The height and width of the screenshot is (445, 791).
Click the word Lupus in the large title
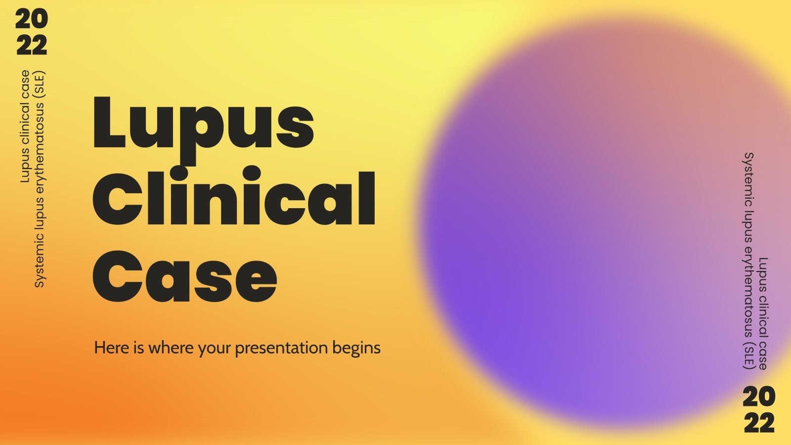[x=203, y=124]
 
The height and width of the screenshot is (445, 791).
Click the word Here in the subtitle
[x=112, y=348]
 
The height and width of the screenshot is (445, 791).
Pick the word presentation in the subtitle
[x=281, y=348]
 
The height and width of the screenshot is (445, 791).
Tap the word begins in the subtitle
[x=356, y=348]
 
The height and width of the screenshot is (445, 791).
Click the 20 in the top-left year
[x=31, y=20]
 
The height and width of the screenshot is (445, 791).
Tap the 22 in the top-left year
[x=31, y=45]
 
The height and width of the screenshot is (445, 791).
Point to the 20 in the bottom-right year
[x=759, y=397]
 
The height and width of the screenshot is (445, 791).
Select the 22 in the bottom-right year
[x=759, y=423]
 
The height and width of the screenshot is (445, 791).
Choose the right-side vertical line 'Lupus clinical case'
[x=763, y=313]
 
